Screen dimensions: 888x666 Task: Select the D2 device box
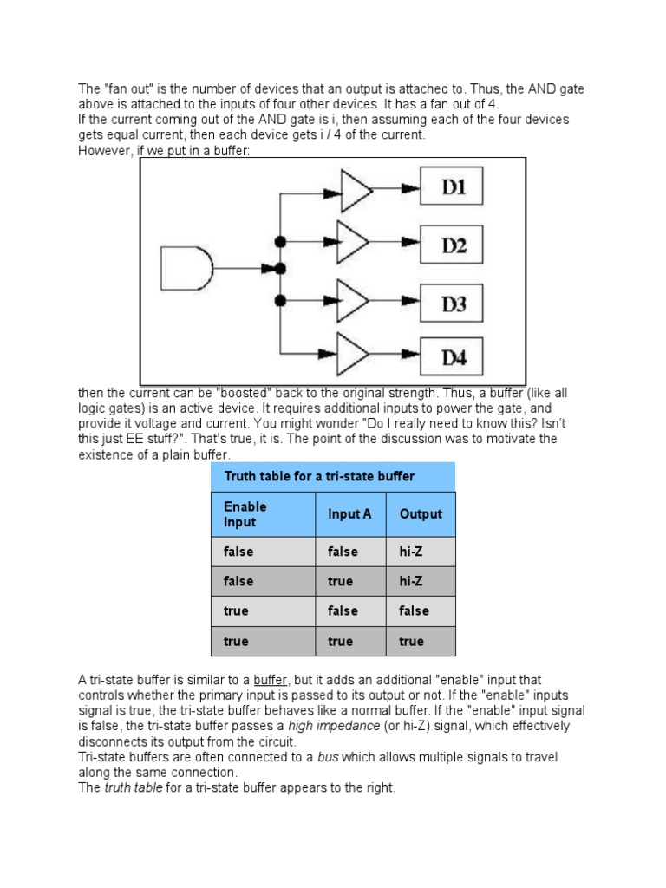452,245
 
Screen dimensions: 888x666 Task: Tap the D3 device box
452,303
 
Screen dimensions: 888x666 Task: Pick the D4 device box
452,356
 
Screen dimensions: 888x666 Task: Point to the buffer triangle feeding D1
356,190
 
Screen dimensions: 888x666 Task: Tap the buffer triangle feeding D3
356,301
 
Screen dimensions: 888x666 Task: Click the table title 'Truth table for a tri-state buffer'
319,476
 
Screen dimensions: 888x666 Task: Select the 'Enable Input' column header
245,514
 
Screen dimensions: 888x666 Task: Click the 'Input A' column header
349,514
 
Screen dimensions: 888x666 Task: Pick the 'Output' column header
421,514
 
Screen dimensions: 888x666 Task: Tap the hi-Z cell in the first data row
413,552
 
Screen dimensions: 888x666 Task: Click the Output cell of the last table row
412,642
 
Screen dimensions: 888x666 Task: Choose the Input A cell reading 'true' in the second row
341,582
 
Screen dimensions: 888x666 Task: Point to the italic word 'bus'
327,757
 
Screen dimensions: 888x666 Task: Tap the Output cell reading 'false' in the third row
414,611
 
